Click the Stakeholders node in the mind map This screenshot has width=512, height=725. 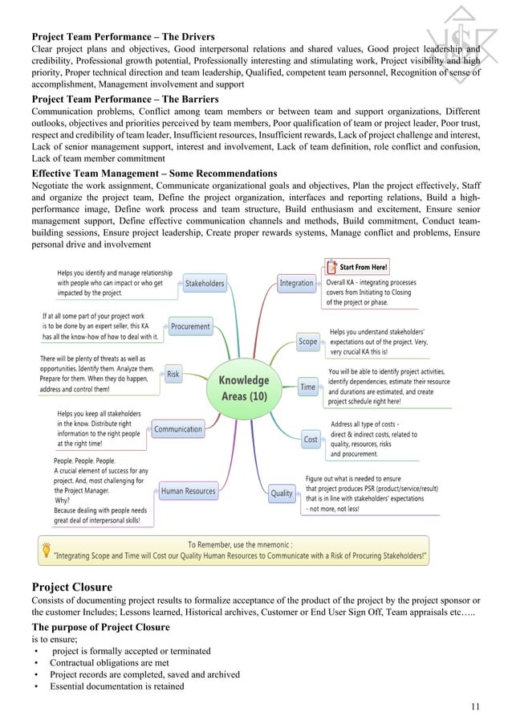tap(205, 283)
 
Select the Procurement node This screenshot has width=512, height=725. tap(190, 326)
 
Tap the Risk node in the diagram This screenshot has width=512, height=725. tap(173, 374)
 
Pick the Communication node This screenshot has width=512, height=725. tap(178, 429)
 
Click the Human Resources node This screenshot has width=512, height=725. tap(188, 490)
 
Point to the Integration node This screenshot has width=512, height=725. tap(296, 283)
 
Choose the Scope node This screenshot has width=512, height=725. tap(308, 342)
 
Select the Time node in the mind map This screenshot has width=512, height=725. tap(308, 387)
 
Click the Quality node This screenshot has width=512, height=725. tap(282, 493)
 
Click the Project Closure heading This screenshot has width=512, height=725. tap(71, 587)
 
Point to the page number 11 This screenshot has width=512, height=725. tap(477, 707)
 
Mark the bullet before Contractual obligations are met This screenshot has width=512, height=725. tap(36, 663)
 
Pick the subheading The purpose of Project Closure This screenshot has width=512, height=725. tap(110, 627)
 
